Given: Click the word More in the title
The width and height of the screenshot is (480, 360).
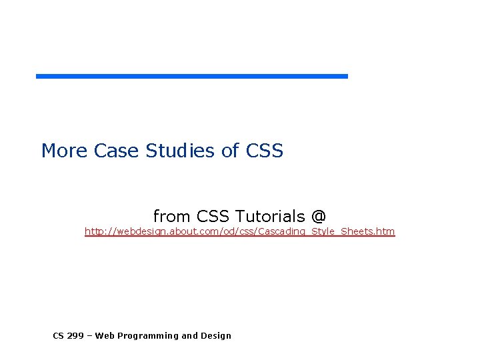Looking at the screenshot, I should pyautogui.click(x=64, y=151).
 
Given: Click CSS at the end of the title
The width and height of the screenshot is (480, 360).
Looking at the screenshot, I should pyautogui.click(x=265, y=151).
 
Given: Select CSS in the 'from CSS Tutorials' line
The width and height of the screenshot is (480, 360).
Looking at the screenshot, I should pyautogui.click(x=213, y=216).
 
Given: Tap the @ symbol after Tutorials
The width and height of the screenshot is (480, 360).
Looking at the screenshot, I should pyautogui.click(x=319, y=216).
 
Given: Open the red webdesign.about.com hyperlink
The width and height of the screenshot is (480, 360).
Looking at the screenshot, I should pyautogui.click(x=239, y=231).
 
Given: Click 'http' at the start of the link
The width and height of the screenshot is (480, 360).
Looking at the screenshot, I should pyautogui.click(x=93, y=231).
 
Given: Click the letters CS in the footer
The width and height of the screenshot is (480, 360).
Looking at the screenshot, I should pyautogui.click(x=59, y=335).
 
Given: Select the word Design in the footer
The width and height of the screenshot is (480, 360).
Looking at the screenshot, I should pyautogui.click(x=216, y=336).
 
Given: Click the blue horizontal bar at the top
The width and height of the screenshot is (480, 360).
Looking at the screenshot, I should pyautogui.click(x=192, y=76).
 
